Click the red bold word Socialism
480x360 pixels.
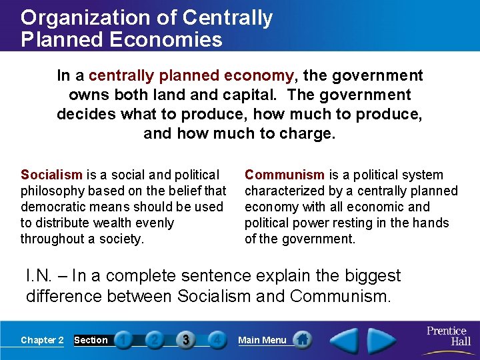tap(51, 175)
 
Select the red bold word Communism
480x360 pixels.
tap(285, 175)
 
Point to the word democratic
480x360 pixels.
tap(53, 207)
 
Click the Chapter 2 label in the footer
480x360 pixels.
tap(42, 340)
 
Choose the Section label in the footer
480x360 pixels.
tap(91, 340)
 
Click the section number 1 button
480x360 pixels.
tap(123, 340)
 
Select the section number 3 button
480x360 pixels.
tap(185, 340)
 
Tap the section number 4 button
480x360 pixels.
tap(216, 340)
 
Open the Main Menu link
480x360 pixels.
tap(262, 340)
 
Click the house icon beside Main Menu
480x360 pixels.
tap(303, 339)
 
